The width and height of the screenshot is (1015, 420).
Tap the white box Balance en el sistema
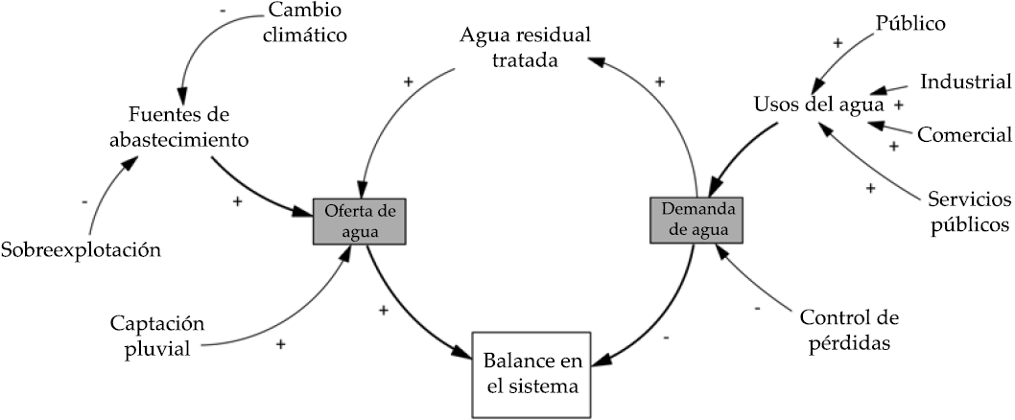tap(531, 375)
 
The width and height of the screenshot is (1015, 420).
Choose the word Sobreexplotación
tap(80, 251)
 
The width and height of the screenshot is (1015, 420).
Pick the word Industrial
tap(965, 82)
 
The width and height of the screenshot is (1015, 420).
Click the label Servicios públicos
tap(969, 212)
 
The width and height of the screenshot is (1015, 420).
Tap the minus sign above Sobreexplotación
tap(86, 202)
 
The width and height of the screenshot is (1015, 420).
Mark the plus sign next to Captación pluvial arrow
tap(280, 343)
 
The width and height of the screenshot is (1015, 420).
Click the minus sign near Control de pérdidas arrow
tap(758, 310)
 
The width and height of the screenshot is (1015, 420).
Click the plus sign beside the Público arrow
tap(838, 42)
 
